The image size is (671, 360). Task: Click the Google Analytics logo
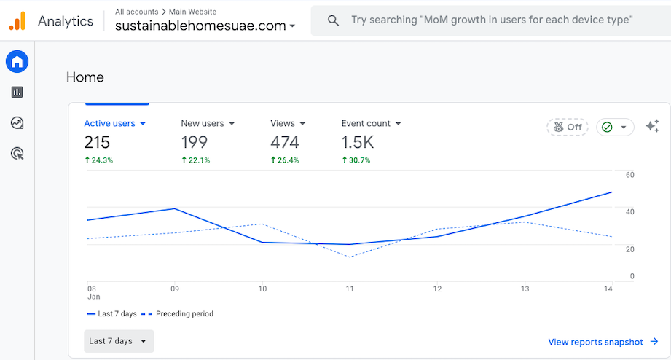pyautogui.click(x=17, y=21)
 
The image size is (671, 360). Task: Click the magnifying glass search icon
pyautogui.click(x=333, y=20)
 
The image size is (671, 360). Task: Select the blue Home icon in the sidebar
pyautogui.click(x=17, y=62)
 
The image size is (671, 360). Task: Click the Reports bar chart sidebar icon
pyautogui.click(x=17, y=92)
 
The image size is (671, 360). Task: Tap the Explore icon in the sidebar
pyautogui.click(x=17, y=122)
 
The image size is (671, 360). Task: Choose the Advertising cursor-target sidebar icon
pyautogui.click(x=17, y=153)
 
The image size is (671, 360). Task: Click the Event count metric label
pyautogui.click(x=372, y=124)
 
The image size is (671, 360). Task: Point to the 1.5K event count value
pyautogui.click(x=358, y=142)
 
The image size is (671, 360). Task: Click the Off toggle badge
pyautogui.click(x=568, y=127)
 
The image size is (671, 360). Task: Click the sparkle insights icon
pyautogui.click(x=652, y=126)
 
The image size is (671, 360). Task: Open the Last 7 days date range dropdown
pyautogui.click(x=119, y=341)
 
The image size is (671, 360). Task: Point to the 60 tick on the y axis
pyautogui.click(x=629, y=175)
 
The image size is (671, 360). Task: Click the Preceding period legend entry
pyautogui.click(x=177, y=314)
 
